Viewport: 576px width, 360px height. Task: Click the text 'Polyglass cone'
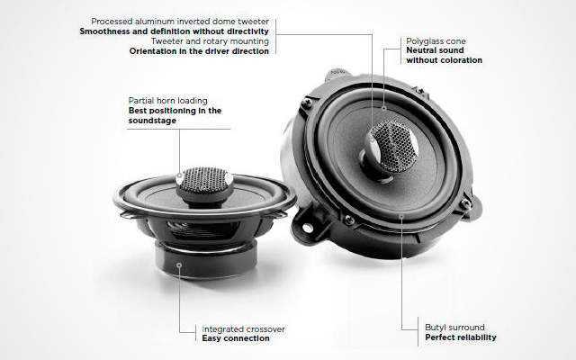[x=436, y=40]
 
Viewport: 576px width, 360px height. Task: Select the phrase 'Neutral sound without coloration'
[x=444, y=56]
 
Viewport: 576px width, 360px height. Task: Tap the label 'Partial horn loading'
[x=168, y=100]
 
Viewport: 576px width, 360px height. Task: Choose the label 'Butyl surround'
[x=454, y=328]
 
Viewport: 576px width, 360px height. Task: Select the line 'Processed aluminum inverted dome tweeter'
[x=179, y=21]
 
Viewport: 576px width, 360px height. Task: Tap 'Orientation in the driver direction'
[x=186, y=51]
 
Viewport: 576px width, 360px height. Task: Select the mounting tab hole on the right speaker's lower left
[x=307, y=228]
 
